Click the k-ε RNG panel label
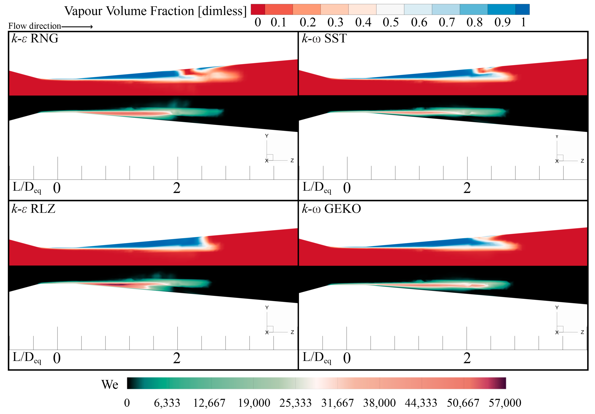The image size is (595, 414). point(35,38)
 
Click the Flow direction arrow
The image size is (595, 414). point(77,26)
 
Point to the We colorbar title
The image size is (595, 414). point(110,385)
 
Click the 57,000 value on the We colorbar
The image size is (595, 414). point(505,403)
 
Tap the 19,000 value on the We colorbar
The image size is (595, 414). point(254,403)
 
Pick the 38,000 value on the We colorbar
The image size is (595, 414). point(379,403)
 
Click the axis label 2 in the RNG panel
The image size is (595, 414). point(177,188)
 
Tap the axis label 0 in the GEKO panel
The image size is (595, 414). point(347,358)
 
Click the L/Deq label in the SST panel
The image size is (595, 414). point(317,187)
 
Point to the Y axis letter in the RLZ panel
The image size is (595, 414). point(267,307)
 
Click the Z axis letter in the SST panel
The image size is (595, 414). point(582,161)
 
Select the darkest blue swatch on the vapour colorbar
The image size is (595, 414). point(522,9)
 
